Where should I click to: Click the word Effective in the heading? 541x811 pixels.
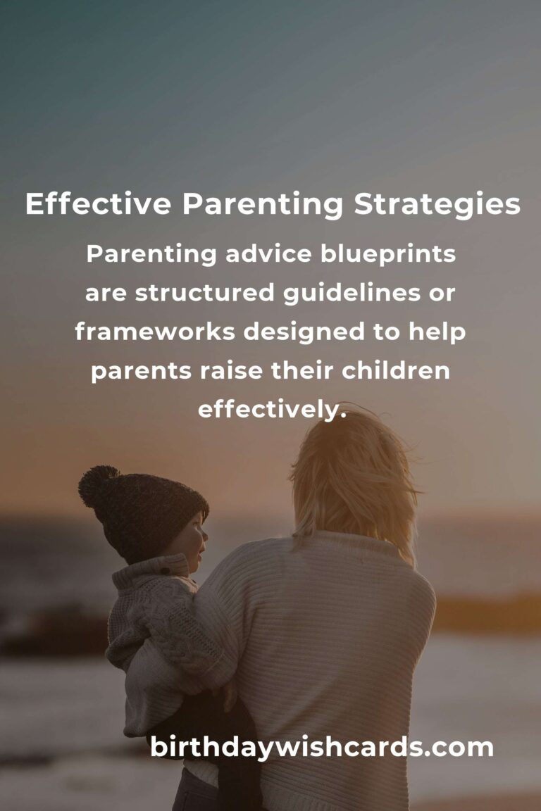pyautogui.click(x=99, y=203)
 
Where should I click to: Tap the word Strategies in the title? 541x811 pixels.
pyautogui.click(x=437, y=205)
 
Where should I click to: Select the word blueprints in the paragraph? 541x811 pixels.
pyautogui.click(x=387, y=254)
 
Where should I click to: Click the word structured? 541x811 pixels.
pyautogui.click(x=204, y=293)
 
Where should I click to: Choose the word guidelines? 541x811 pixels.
pyautogui.click(x=352, y=294)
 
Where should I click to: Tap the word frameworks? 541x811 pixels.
pyautogui.click(x=155, y=332)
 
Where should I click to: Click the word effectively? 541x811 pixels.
pyautogui.click(x=272, y=410)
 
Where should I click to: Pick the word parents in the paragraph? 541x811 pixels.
pyautogui.click(x=142, y=372)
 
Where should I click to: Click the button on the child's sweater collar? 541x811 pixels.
pyautogui.click(x=164, y=571)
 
